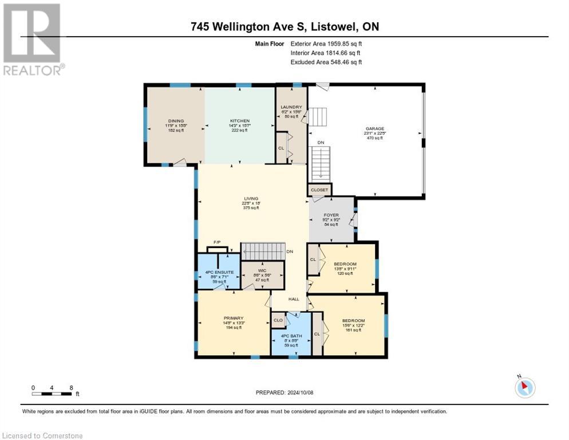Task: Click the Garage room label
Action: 375,129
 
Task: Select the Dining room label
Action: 176,121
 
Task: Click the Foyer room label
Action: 331,214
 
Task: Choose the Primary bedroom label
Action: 234,318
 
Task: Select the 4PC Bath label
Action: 291,335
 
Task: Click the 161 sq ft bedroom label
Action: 353,320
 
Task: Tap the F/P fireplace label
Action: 217,243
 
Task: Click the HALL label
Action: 293,298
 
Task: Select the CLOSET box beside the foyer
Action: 319,189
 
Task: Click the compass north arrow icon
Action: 524,387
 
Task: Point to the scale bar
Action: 52,393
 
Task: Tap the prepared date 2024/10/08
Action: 284,392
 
